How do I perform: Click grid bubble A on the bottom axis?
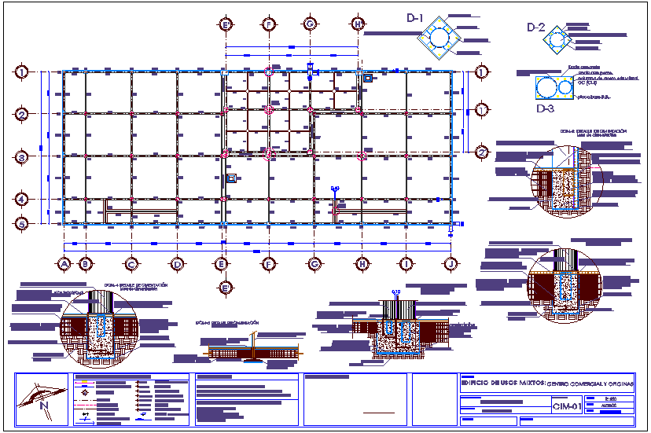click(63, 264)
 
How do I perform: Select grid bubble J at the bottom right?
click(451, 264)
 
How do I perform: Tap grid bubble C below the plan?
click(132, 264)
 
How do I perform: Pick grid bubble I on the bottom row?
click(406, 264)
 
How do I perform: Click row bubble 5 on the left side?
click(23, 224)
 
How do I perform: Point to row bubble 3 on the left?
click(23, 158)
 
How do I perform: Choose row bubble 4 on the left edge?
click(23, 200)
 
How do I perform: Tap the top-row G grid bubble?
click(311, 24)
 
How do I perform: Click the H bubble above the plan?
click(358, 24)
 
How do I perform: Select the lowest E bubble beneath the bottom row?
click(225, 288)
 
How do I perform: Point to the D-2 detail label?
click(535, 28)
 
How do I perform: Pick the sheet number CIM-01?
click(566, 406)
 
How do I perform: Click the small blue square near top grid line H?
click(367, 79)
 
